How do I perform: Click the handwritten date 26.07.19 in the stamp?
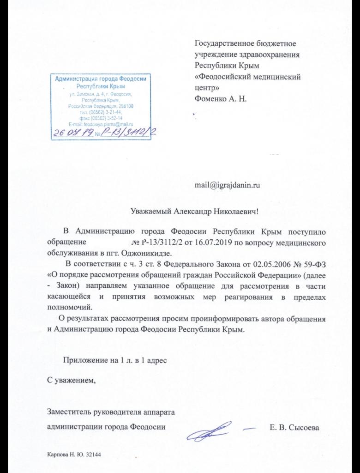(x=74, y=133)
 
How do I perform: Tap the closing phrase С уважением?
(x=72, y=380)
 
